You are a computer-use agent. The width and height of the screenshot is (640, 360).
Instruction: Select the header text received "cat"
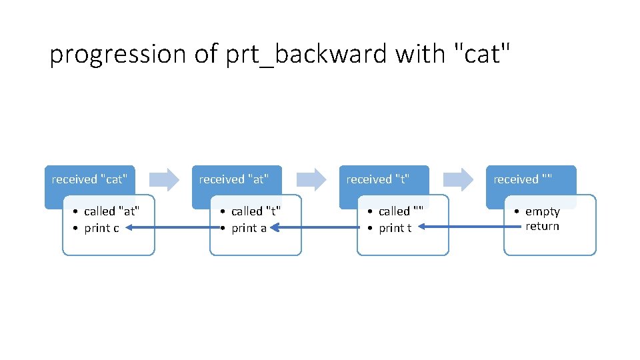point(89,179)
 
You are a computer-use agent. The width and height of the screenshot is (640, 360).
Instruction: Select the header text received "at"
point(233,179)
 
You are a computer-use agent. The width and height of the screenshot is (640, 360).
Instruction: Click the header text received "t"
point(377,179)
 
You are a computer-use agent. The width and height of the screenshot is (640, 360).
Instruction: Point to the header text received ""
point(523,179)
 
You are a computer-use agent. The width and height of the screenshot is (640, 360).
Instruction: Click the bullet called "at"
point(111,211)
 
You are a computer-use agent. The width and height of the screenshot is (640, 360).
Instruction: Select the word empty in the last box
point(542,211)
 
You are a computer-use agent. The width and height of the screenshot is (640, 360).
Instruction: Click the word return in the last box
point(542,226)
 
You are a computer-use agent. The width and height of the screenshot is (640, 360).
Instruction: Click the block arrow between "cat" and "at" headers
point(163,179)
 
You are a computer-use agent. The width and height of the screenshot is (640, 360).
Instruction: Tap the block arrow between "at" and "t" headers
point(311,179)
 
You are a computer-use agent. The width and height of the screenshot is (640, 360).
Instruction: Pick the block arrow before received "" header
point(458,179)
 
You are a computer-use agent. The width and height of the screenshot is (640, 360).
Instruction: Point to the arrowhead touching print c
point(130,228)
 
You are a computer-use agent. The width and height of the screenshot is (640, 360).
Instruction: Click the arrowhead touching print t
point(423,228)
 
